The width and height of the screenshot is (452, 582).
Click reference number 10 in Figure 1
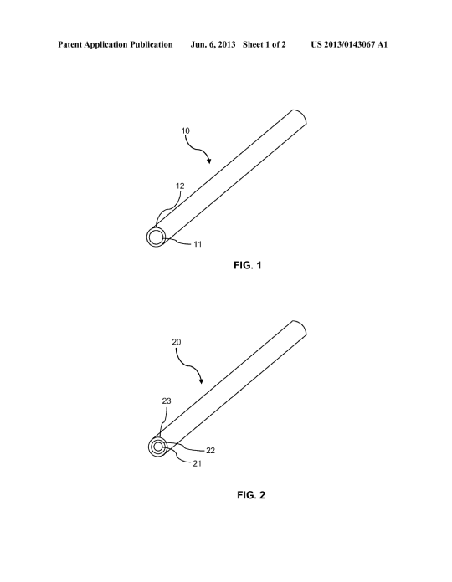[185, 130]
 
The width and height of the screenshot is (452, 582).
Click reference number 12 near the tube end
[180, 186]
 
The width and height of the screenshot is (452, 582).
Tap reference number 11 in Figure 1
[198, 244]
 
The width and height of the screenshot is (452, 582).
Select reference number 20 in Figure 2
[177, 342]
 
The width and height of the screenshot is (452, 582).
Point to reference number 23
[167, 401]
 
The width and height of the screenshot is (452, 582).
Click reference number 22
[210, 450]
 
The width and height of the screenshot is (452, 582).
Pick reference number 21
[197, 463]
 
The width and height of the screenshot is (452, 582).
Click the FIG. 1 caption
[248, 265]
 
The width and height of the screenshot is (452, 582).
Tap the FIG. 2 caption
[251, 495]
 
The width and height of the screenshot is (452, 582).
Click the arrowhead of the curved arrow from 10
[208, 161]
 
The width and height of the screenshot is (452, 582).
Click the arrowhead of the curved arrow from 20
[202, 380]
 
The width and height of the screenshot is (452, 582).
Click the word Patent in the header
[69, 44]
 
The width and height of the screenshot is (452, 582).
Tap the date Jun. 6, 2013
[213, 45]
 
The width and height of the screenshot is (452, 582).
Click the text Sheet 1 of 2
[264, 44]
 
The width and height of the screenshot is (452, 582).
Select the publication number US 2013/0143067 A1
[349, 44]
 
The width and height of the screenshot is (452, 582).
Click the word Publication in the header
[152, 44]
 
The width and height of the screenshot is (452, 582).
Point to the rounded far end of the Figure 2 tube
[303, 327]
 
